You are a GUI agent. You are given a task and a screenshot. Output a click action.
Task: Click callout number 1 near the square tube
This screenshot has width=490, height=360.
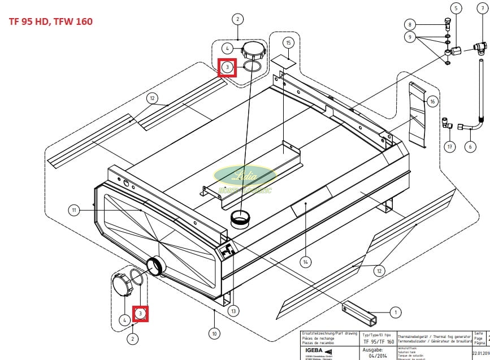394,311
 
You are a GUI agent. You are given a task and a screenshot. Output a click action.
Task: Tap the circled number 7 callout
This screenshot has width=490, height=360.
482,8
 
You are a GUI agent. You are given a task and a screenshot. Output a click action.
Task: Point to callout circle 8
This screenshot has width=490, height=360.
411,24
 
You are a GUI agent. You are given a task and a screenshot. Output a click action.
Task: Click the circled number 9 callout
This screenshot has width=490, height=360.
411,37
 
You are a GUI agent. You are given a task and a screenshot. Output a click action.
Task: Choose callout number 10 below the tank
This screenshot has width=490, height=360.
214,333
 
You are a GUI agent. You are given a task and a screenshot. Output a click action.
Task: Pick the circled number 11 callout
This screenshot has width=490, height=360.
74,211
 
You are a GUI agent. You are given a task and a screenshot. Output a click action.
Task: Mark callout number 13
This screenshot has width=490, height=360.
233,311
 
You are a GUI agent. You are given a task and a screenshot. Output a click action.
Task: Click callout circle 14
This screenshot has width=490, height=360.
306,262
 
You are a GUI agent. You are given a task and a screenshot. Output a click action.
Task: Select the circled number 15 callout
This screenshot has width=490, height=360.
288,43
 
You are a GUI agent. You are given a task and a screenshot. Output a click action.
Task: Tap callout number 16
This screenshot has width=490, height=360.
432,102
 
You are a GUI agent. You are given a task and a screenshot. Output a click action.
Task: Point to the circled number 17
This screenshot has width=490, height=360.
450,147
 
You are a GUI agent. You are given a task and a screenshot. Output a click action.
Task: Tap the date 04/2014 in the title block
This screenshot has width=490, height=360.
377,356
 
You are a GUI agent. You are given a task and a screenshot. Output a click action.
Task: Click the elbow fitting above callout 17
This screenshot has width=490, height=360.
446,122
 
